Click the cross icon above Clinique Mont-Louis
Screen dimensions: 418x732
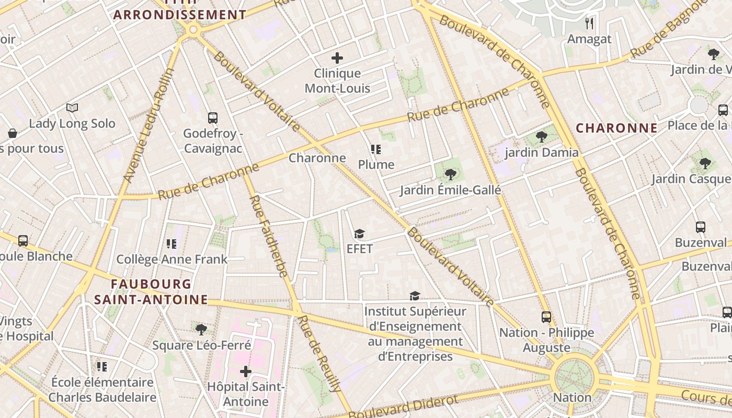click(x=337, y=58)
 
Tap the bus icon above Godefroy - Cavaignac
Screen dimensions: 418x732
click(x=213, y=118)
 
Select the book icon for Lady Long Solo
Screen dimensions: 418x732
click(x=72, y=108)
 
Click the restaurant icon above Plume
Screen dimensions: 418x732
click(x=375, y=149)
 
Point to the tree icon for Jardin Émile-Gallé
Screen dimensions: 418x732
click(x=450, y=175)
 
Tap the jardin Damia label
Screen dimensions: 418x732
click(x=542, y=153)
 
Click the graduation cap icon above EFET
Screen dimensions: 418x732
click(x=359, y=234)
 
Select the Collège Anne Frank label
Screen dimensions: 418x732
click(x=171, y=259)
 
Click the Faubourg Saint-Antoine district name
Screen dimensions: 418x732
click(x=151, y=292)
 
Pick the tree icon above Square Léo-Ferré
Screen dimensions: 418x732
click(x=201, y=329)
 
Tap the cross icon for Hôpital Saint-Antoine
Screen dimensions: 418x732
click(x=245, y=371)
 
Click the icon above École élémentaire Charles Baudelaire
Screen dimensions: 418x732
click(x=102, y=367)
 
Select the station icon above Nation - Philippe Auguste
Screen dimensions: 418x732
click(x=546, y=317)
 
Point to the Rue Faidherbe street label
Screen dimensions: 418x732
click(x=269, y=236)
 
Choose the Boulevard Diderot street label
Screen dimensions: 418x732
click(x=403, y=406)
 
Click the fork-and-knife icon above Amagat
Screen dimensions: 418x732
click(x=589, y=24)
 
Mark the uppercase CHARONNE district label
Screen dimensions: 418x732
click(x=616, y=128)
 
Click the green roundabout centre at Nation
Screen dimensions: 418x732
click(x=574, y=375)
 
